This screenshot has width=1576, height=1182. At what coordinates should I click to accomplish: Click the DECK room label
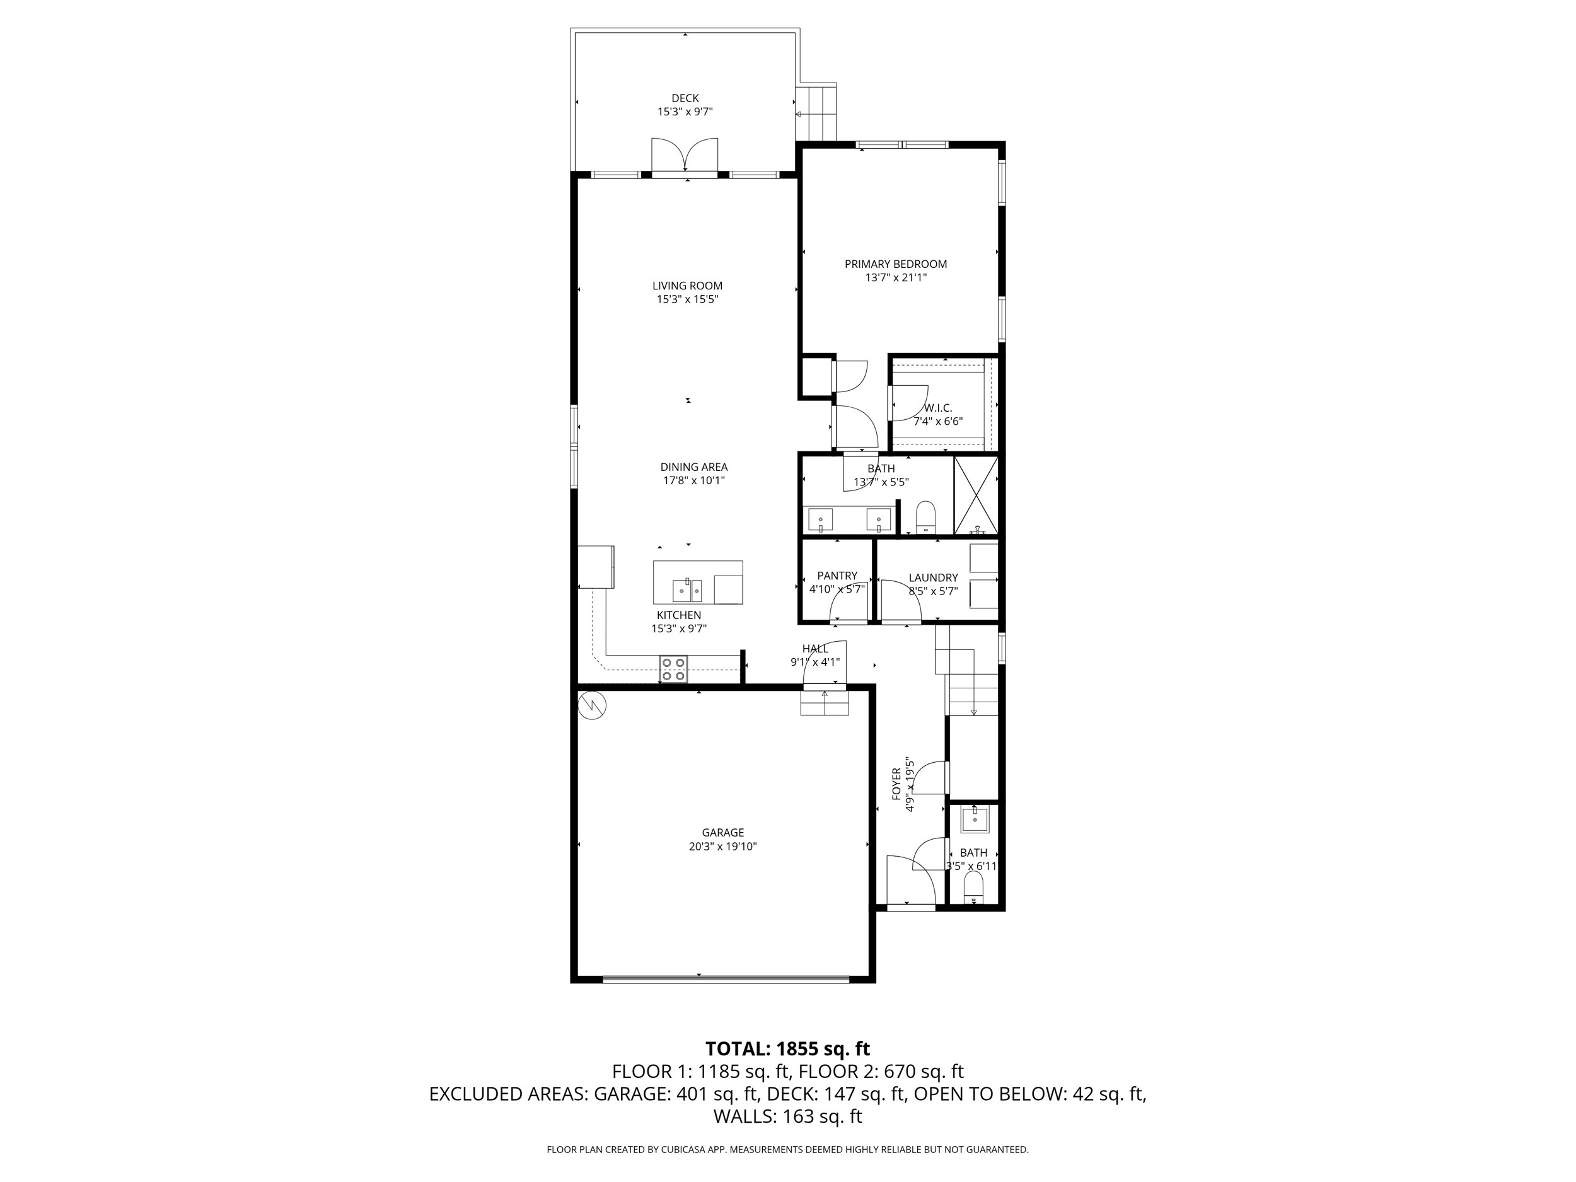tap(685, 98)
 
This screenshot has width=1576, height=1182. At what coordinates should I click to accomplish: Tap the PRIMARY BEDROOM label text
tap(896, 264)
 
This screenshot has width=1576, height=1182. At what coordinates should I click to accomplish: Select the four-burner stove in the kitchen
tap(673, 668)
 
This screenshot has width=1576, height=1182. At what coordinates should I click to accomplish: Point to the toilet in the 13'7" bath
tap(925, 516)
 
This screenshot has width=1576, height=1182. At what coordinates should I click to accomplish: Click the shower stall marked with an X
tap(976, 495)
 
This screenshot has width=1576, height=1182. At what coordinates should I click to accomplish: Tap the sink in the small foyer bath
tap(974, 820)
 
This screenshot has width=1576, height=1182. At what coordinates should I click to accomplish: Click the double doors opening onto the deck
tap(685, 155)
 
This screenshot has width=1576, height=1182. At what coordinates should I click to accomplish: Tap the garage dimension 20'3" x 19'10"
tap(722, 847)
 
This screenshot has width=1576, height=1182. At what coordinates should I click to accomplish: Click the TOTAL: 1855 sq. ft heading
tap(787, 1049)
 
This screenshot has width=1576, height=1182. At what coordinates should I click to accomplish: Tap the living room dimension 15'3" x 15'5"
tap(687, 300)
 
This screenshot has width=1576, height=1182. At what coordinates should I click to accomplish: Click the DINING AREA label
tap(693, 467)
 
